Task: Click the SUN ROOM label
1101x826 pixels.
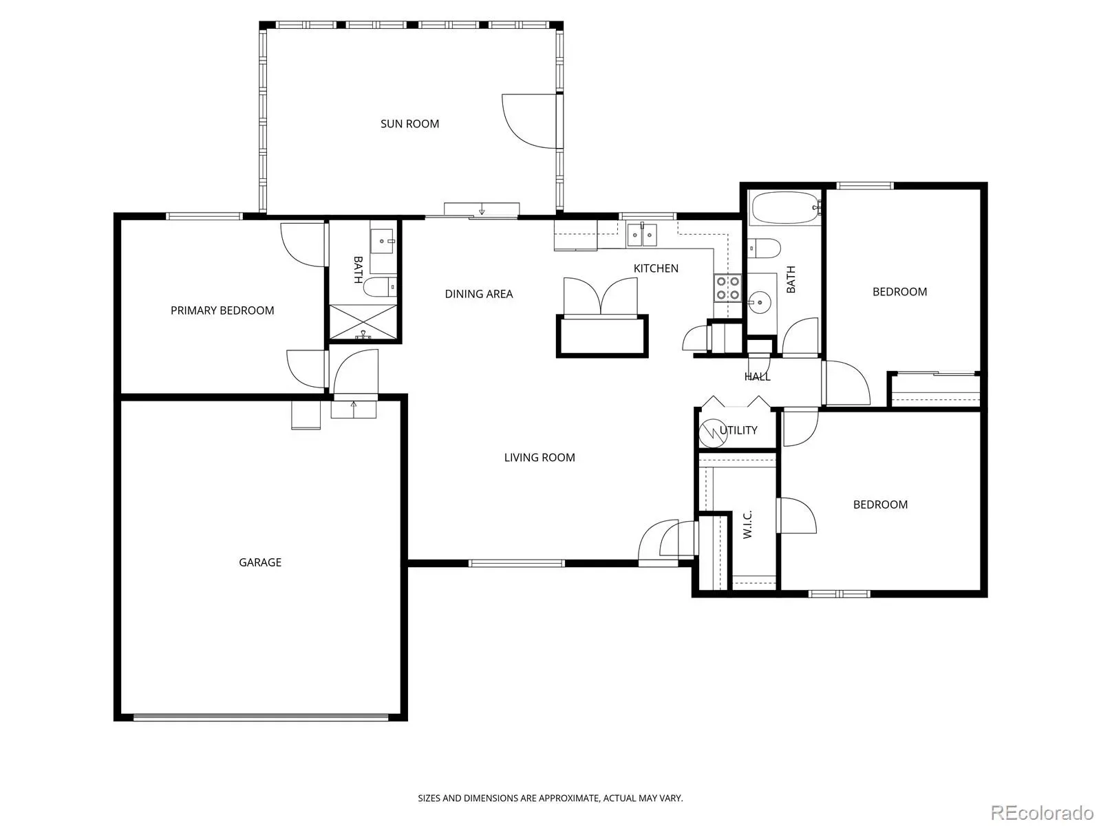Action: coord(409,124)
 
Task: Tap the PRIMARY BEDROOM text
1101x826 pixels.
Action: coord(222,310)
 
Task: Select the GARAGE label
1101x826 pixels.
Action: coord(260,562)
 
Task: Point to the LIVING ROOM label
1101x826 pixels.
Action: coord(539,457)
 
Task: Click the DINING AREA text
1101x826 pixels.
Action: coord(478,294)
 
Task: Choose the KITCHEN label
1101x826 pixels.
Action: coord(656,268)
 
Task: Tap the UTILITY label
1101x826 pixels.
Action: coord(738,430)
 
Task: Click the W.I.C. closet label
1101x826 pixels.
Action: coord(747,525)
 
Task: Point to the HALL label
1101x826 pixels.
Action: coord(757,377)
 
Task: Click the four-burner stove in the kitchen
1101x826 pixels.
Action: coord(727,288)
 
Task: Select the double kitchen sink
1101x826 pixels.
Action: coord(641,235)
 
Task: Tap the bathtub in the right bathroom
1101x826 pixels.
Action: coord(784,208)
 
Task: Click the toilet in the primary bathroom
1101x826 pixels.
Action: coord(380,287)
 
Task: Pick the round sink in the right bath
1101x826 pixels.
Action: coord(760,302)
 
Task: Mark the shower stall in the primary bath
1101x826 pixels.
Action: coord(363,321)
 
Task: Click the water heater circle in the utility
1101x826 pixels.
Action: coord(712,432)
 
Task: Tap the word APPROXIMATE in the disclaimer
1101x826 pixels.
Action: coord(570,798)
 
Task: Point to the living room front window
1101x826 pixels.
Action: coord(517,563)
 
